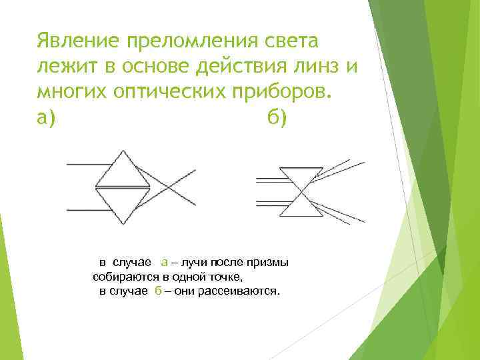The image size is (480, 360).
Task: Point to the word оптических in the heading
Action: pyautogui.click(x=177, y=91)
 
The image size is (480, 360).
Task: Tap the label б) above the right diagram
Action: pyautogui.click(x=276, y=118)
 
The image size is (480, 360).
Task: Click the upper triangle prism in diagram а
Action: pyautogui.click(x=121, y=172)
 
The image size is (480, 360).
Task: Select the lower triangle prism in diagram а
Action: pyautogui.click(x=121, y=203)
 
